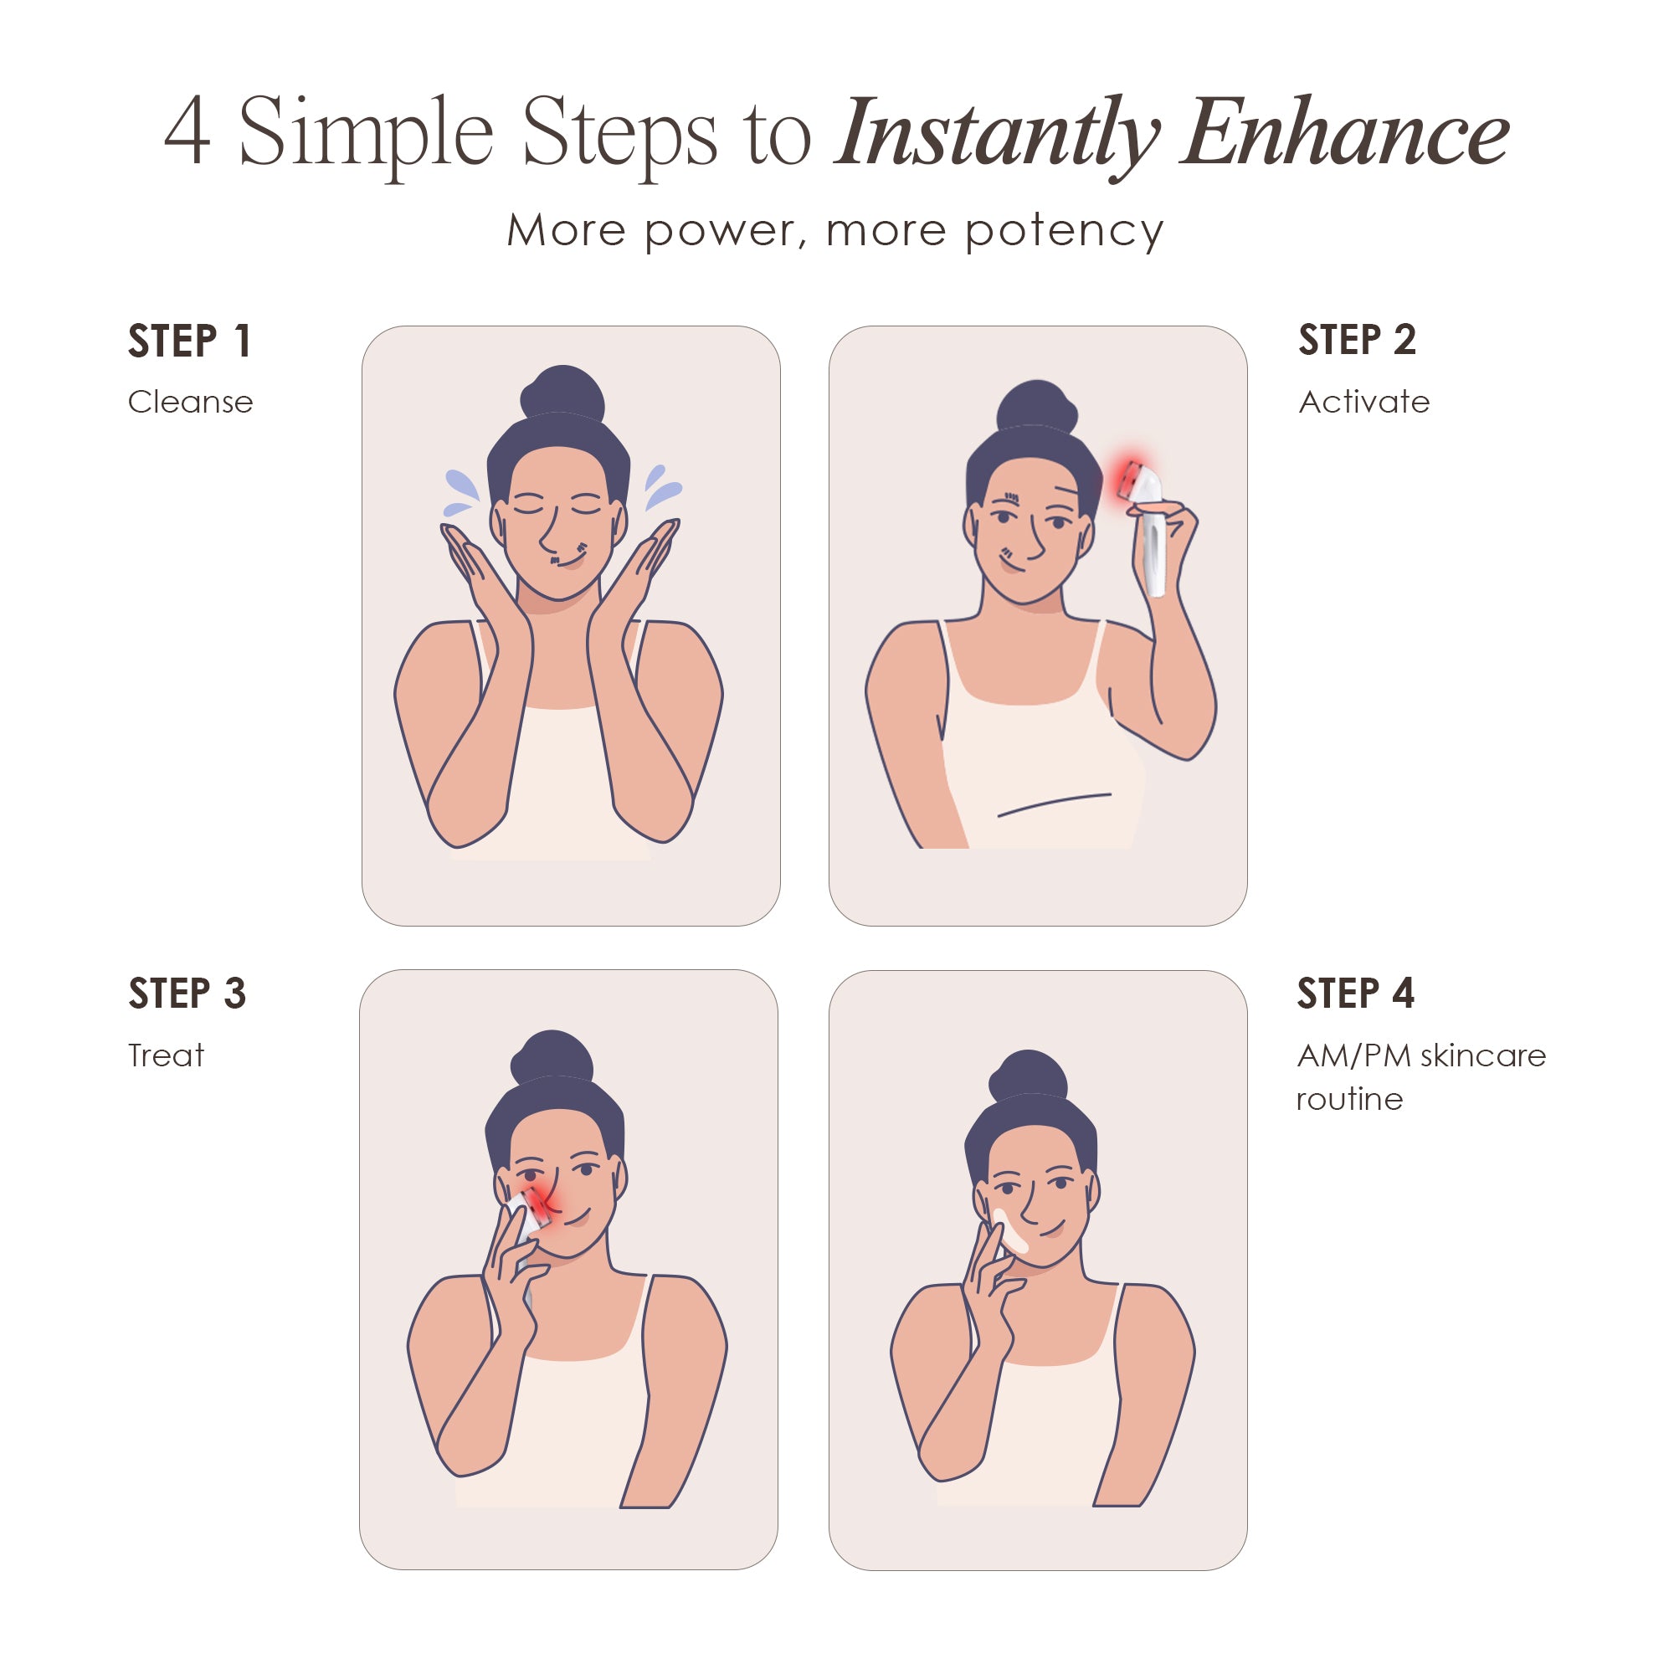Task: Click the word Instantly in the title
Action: pos(996,134)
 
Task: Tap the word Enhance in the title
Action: pos(1346,134)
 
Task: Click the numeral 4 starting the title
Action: pos(187,131)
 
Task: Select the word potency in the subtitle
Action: pos(1064,231)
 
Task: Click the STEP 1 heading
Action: pos(190,341)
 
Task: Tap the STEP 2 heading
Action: pos(1357,340)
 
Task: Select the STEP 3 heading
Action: pos(187,993)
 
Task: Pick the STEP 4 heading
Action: pos(1355,993)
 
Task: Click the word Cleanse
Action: pos(191,402)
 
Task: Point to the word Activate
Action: pos(1363,402)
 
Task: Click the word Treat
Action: pos(167,1055)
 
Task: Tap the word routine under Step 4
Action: pos(1349,1100)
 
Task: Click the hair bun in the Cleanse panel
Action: pos(562,393)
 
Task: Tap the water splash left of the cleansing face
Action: pos(460,492)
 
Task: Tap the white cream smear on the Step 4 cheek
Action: pos(1010,1231)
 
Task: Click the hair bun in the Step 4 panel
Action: pos(1029,1076)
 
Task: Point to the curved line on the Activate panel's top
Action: pos(1054,804)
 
